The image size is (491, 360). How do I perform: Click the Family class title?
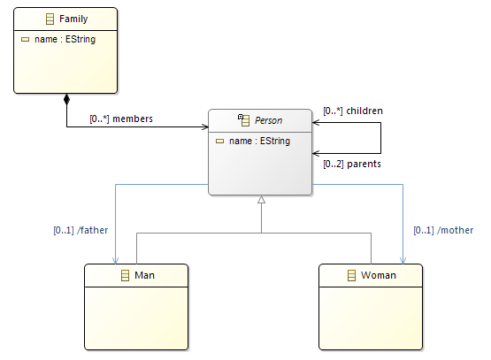[x=73, y=19]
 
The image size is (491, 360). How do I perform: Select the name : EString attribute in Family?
[x=65, y=40]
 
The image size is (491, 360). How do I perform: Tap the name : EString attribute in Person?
[x=259, y=142]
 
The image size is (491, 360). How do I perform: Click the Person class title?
[x=268, y=120]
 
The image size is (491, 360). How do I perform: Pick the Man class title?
[x=144, y=275]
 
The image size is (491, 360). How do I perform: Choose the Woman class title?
[x=379, y=275]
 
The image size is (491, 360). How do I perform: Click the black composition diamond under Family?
[x=66, y=99]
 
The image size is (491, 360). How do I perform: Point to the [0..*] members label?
[x=121, y=119]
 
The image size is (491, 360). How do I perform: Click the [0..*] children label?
[x=353, y=111]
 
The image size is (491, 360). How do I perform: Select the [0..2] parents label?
[x=352, y=164]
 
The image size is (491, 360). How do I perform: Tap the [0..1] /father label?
[x=81, y=230]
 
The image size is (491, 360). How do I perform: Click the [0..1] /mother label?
[x=443, y=230]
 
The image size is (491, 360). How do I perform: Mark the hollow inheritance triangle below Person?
[x=262, y=199]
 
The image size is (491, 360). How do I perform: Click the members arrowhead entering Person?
[x=205, y=126]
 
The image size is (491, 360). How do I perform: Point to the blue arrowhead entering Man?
[x=116, y=260]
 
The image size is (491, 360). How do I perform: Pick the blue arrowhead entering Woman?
[x=403, y=260]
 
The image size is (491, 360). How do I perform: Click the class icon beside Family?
[x=50, y=19]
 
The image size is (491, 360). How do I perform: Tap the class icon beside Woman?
[x=351, y=275]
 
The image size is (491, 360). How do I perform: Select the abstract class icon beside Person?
[x=244, y=120]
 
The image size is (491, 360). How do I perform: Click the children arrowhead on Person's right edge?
[x=316, y=122]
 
